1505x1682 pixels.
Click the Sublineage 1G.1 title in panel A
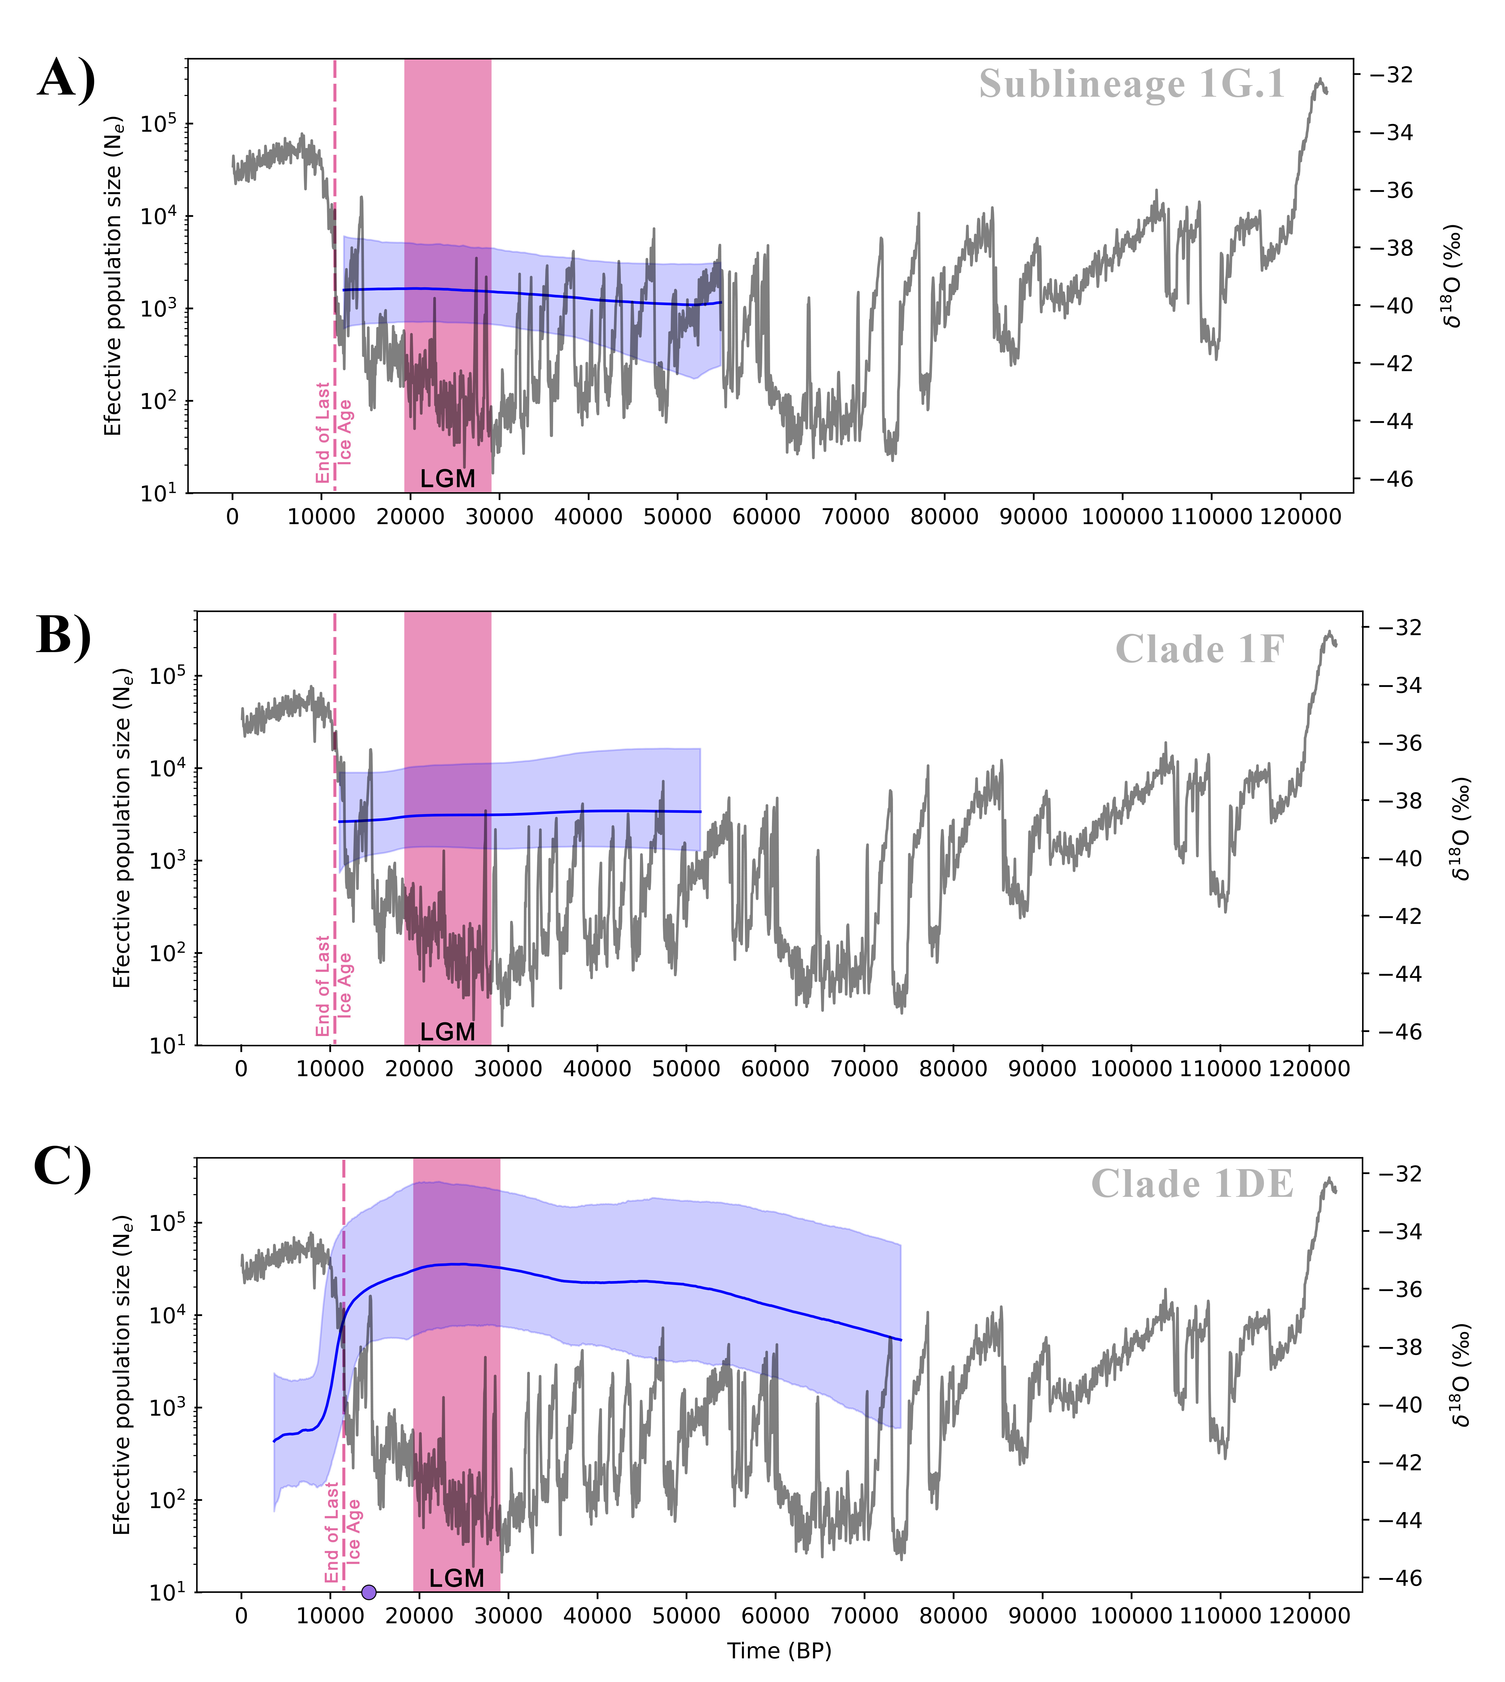click(1132, 84)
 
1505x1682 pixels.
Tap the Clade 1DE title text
click(1192, 1184)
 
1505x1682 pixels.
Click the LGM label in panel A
click(447, 479)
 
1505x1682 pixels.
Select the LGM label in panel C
click(456, 1579)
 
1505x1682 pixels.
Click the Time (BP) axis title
click(779, 1651)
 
